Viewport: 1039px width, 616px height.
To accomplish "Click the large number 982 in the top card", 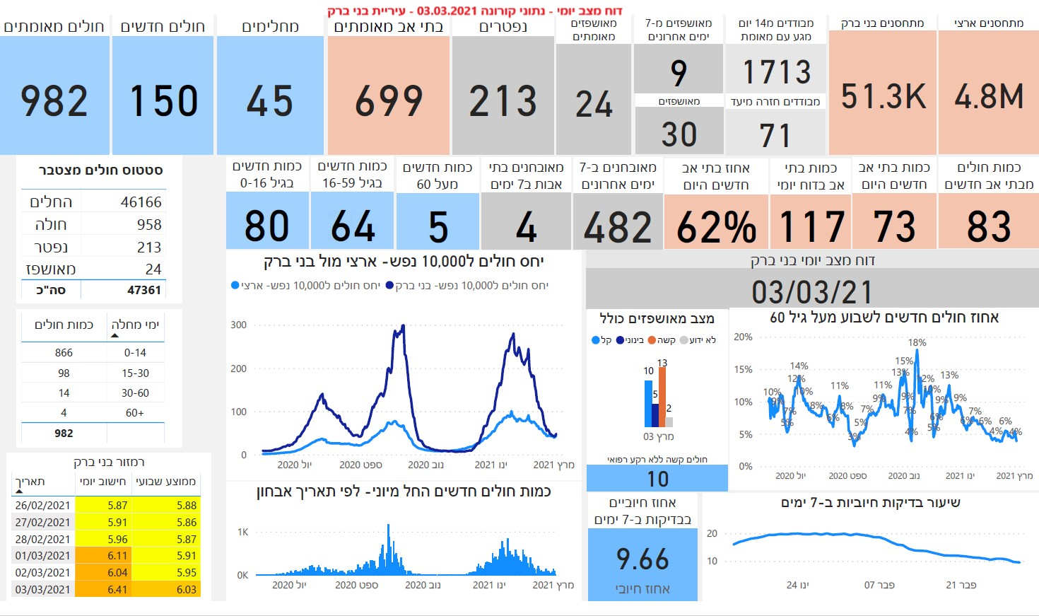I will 54,100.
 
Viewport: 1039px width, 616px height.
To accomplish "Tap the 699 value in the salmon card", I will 388,100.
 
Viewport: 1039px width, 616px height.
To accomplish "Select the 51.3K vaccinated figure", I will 883,96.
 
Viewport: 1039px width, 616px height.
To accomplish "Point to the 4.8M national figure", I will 988,96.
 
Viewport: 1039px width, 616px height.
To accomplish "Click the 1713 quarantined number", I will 776,72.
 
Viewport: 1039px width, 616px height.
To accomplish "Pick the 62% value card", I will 716,227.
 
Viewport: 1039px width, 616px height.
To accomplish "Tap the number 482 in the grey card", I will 618,227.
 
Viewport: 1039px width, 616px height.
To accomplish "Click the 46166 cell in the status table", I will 141,202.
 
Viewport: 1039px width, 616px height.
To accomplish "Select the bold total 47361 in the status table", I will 143,290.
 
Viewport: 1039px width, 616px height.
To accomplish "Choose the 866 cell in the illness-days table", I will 64,353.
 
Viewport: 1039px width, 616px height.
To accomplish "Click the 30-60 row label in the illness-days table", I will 135,393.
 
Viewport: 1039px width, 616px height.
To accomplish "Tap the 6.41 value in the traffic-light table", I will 117,589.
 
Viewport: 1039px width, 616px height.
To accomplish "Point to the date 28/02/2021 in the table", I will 42,539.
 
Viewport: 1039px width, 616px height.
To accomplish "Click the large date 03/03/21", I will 811,291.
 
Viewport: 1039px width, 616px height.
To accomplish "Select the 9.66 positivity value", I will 642,559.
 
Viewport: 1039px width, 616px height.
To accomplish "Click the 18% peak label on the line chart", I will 917,342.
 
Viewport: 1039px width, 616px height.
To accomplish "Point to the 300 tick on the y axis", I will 238,325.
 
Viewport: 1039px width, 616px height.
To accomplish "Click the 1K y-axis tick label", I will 242,533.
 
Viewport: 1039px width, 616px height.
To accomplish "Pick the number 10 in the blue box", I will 657,480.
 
